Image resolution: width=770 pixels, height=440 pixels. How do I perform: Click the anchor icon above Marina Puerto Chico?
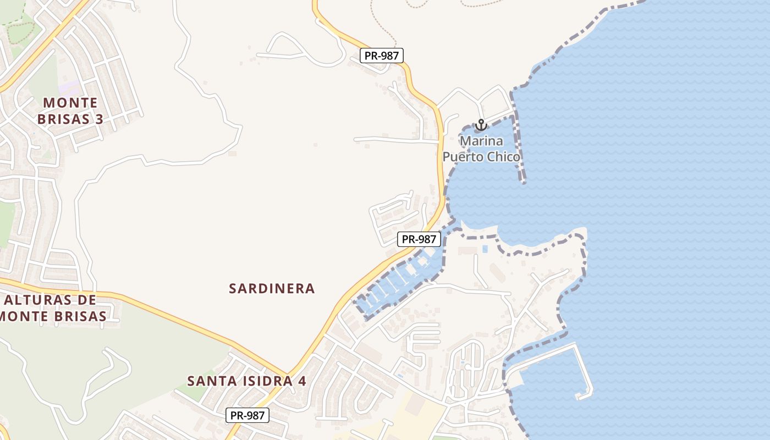point(481,125)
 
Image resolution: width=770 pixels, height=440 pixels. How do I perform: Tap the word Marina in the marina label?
point(481,141)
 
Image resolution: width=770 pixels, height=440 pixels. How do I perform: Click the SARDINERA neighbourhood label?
point(272,288)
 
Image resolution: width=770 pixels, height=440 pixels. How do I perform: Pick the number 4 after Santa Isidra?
point(302,381)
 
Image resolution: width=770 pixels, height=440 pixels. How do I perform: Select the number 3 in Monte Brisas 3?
point(98,119)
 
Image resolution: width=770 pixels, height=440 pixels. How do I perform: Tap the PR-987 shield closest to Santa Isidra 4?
point(248,416)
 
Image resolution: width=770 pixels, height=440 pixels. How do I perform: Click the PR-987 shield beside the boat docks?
point(419,239)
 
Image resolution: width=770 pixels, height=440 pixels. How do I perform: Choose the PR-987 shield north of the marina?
point(382,55)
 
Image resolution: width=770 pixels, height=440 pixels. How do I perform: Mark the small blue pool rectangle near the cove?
point(485,249)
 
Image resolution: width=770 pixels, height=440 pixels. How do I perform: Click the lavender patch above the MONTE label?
point(70,87)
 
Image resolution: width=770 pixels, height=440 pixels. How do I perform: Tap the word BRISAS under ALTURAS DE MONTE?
point(73,316)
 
